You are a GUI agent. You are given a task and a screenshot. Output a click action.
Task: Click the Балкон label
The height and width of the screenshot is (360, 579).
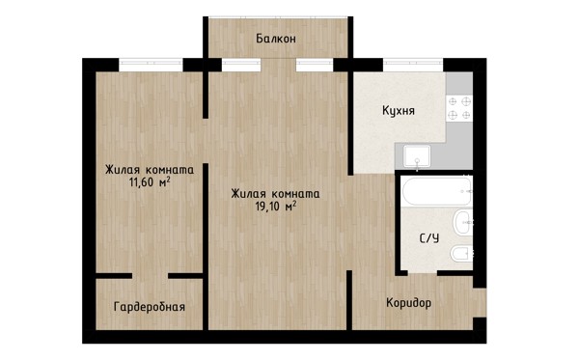(x=276, y=39)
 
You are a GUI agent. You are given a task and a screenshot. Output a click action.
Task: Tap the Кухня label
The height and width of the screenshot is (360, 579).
(x=398, y=110)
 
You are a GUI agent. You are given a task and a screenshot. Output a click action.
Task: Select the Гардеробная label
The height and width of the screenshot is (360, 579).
(x=150, y=307)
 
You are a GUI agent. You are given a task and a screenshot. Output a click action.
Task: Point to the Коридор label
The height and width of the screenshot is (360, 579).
(x=408, y=303)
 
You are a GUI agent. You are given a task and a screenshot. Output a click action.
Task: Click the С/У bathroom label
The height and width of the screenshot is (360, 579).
(x=429, y=238)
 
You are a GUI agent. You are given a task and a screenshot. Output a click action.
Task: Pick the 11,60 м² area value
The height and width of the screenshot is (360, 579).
(x=150, y=181)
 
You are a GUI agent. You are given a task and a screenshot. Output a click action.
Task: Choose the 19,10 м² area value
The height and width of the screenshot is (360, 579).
(x=276, y=206)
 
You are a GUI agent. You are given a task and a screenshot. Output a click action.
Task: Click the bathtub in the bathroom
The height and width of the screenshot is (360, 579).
(x=436, y=191)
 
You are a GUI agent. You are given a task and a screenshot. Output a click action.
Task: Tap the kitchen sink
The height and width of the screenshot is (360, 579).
(x=417, y=155)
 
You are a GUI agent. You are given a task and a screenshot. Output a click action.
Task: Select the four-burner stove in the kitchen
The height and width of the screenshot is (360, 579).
(x=459, y=108)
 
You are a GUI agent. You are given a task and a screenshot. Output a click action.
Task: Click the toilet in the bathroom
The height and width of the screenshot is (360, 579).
(x=461, y=253)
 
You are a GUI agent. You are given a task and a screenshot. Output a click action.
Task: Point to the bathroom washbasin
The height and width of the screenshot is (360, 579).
(x=463, y=222)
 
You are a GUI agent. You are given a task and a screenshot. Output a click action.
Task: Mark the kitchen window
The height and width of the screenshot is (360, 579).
(x=413, y=65)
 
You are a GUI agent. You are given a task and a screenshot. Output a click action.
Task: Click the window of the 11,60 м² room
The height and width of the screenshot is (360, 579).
(x=152, y=65)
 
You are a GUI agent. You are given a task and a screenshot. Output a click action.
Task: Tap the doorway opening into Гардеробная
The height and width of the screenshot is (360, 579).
(x=150, y=276)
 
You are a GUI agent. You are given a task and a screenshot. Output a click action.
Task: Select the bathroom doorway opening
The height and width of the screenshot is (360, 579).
(x=423, y=273)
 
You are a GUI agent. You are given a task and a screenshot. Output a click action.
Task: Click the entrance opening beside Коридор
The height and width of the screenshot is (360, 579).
(x=480, y=302)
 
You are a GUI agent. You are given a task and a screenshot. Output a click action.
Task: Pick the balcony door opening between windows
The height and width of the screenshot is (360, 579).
(x=279, y=65)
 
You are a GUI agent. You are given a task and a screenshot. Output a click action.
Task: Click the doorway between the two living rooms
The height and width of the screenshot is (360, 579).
(x=206, y=141)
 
